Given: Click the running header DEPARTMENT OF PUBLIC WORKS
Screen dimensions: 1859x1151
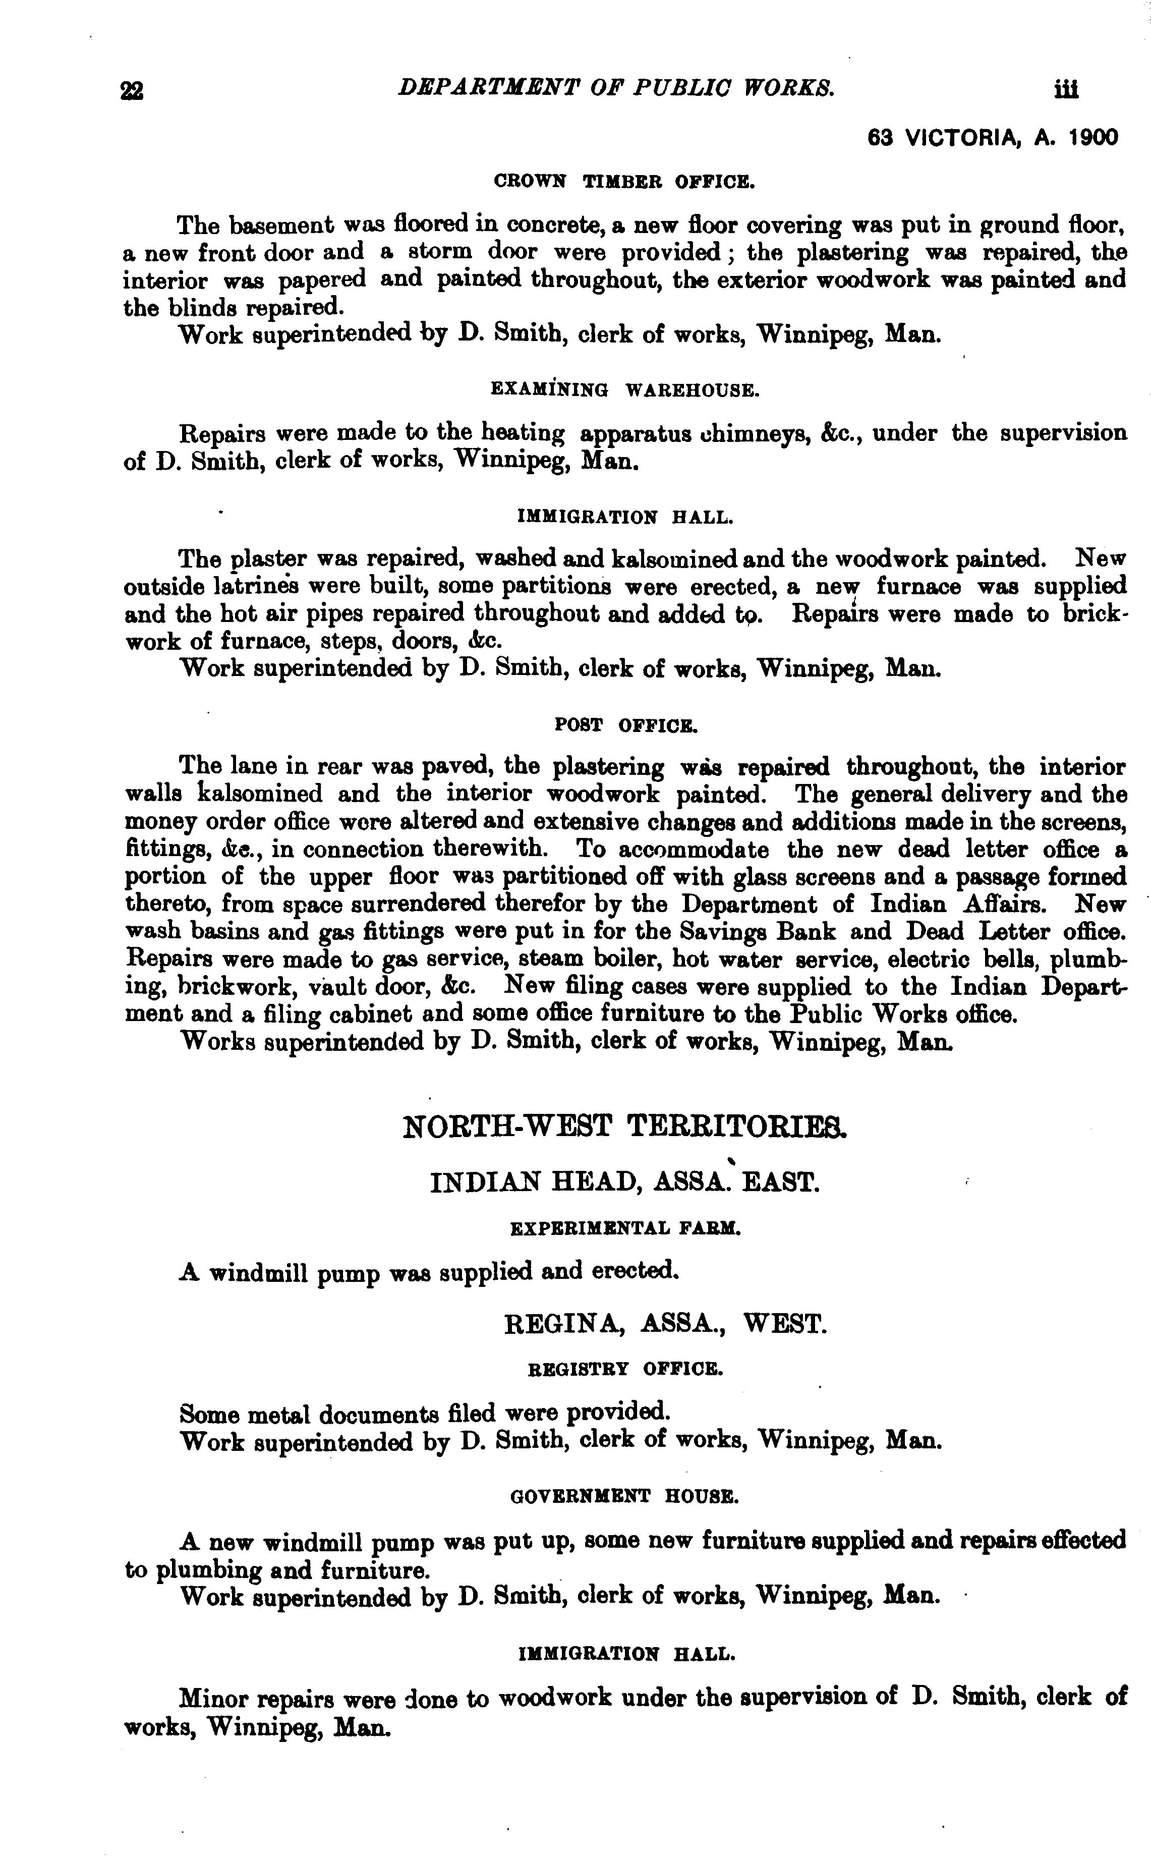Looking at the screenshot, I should (x=616, y=88).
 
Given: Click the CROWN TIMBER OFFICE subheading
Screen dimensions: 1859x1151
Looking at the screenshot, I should (x=624, y=182).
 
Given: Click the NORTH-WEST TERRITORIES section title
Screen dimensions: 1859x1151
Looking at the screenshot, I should (x=624, y=1126).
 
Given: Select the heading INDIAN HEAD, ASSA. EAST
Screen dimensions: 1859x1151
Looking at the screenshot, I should (x=625, y=1182).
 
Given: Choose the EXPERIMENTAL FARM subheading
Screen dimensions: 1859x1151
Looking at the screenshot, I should (x=625, y=1228).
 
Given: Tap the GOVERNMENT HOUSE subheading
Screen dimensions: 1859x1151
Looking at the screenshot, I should (x=624, y=1496).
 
